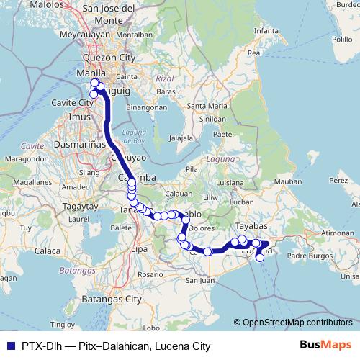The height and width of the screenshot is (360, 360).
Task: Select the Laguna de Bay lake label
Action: pos(135,135)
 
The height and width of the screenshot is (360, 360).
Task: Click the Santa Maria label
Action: pos(204,106)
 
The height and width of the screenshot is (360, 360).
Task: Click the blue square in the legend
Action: pos(8,346)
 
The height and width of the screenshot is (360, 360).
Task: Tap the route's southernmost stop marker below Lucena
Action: pos(260,258)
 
